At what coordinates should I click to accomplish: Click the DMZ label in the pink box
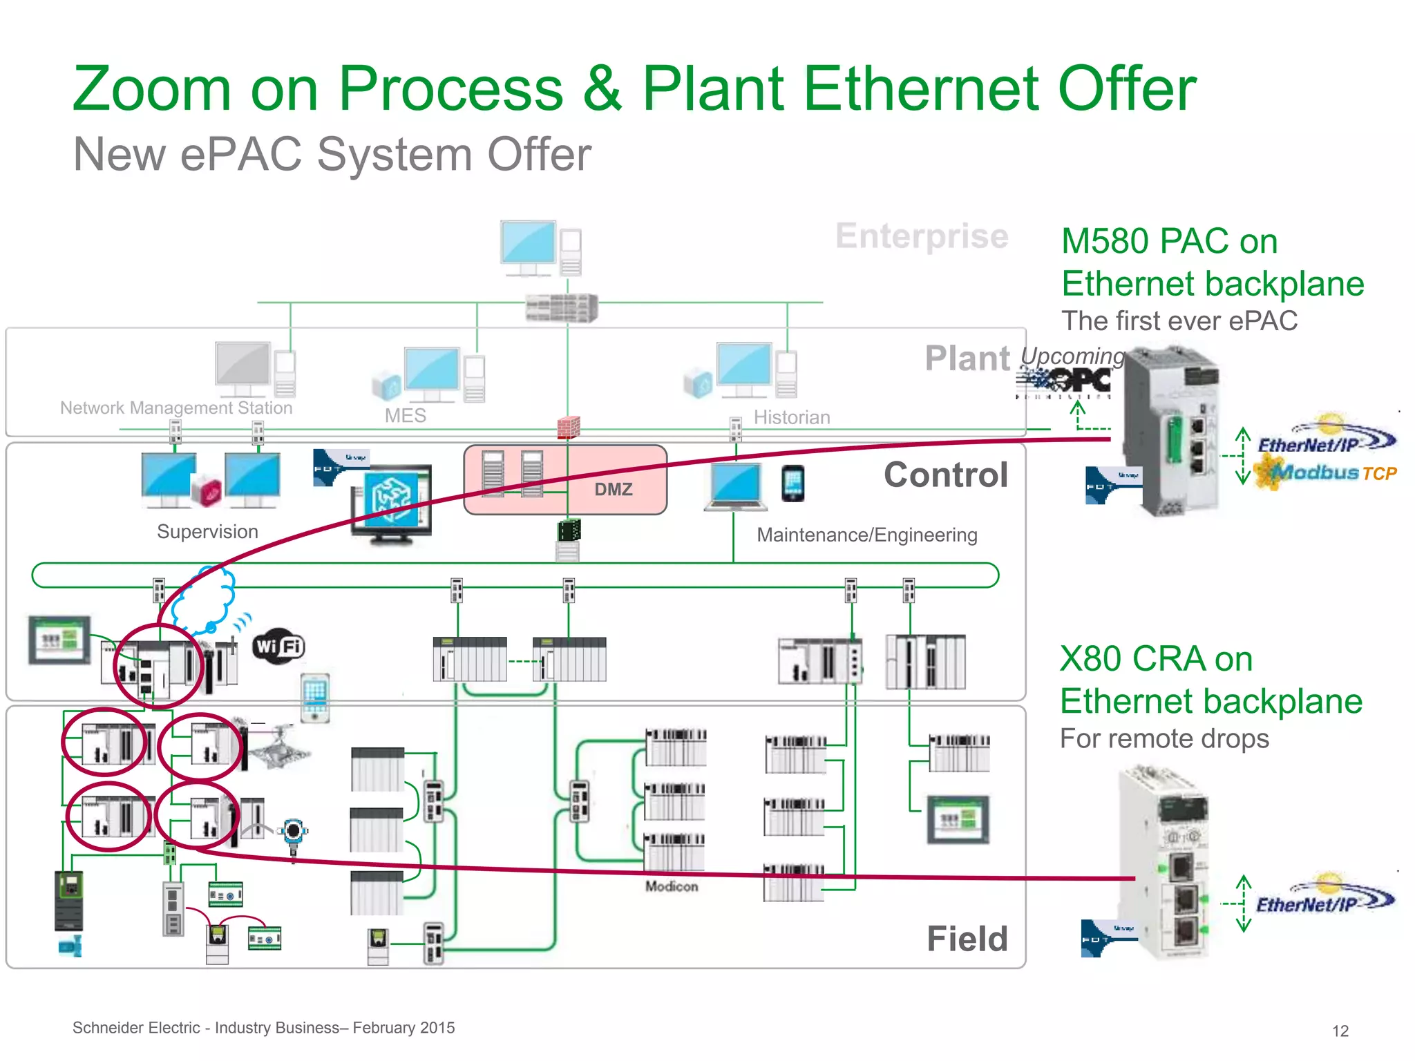pos(613,489)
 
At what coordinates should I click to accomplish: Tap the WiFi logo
pos(278,647)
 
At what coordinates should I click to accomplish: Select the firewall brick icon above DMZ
pos(568,427)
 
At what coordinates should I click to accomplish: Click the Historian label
pos(792,417)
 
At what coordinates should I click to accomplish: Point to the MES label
pos(405,416)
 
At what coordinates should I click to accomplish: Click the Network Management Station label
pos(176,408)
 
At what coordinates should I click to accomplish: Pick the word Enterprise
pos(922,236)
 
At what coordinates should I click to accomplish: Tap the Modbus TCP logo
pos(1326,473)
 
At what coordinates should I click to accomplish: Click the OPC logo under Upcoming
pos(1065,381)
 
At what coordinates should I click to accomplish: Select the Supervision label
pos(207,532)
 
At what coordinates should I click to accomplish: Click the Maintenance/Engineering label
pos(867,535)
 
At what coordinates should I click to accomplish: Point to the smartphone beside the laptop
pos(792,483)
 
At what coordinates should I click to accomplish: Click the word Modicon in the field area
pos(672,886)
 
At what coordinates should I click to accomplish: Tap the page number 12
pos(1340,1031)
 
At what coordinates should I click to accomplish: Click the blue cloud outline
pos(205,600)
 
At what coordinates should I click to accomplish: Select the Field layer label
pos(967,939)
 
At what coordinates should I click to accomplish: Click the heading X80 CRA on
pos(1156,658)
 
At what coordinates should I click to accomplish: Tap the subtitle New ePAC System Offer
pos(332,154)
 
